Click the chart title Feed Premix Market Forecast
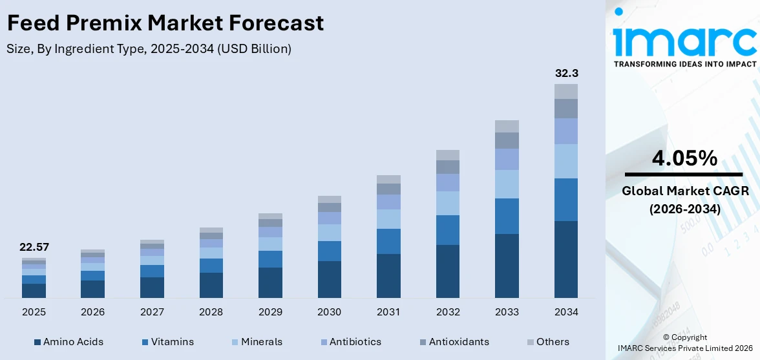pyautogui.click(x=165, y=24)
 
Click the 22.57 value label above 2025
pyautogui.click(x=34, y=247)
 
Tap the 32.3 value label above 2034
pyautogui.click(x=566, y=73)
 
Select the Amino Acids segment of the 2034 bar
pyautogui.click(x=566, y=259)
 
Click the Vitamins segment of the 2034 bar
pyautogui.click(x=566, y=200)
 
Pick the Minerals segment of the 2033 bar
pyautogui.click(x=507, y=184)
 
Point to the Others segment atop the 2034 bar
pyautogui.click(x=566, y=91)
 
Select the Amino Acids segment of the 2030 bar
pyautogui.click(x=329, y=279)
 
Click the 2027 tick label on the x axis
pyautogui.click(x=152, y=312)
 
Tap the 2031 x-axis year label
pyautogui.click(x=388, y=312)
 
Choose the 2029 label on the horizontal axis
pyautogui.click(x=270, y=312)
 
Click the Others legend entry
pyautogui.click(x=547, y=341)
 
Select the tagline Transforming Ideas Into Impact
pyautogui.click(x=684, y=64)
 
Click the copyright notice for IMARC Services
pyautogui.click(x=684, y=343)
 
